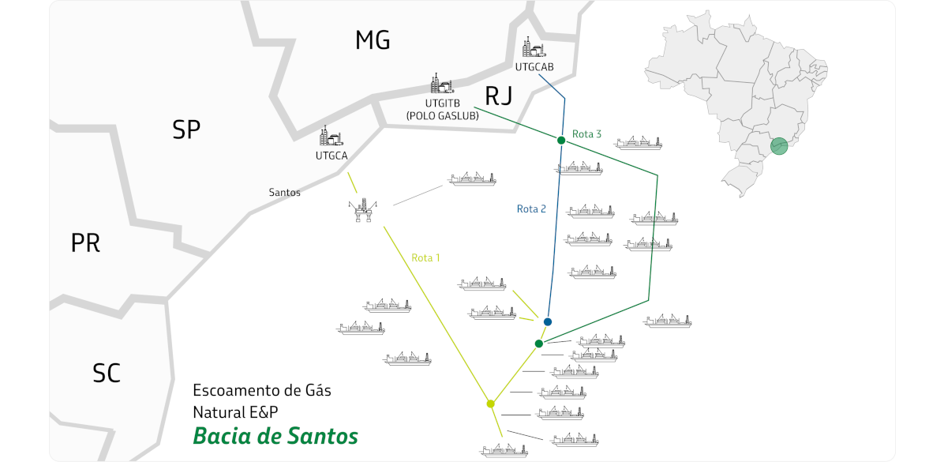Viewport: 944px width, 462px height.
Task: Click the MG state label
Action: tap(373, 41)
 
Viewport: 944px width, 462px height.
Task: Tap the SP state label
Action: tap(186, 130)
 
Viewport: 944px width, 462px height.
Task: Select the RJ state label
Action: tap(498, 97)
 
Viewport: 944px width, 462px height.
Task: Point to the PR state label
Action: tap(85, 243)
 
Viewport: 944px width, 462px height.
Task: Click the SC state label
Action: tap(107, 373)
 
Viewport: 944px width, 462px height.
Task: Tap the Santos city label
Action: tap(284, 192)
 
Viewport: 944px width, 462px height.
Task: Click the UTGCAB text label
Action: tap(534, 67)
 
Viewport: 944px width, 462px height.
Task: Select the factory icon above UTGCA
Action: tap(331, 136)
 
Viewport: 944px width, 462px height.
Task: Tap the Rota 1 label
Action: tap(425, 257)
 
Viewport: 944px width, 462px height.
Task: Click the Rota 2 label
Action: tap(531, 209)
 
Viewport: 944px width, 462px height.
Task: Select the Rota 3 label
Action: tap(587, 134)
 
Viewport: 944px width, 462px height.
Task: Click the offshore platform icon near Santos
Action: tap(363, 212)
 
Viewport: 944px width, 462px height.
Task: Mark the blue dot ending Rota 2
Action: tap(548, 322)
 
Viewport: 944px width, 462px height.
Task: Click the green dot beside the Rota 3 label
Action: tap(561, 141)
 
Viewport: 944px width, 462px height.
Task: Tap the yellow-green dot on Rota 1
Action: tap(491, 404)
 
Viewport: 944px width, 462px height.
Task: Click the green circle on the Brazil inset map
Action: tap(778, 145)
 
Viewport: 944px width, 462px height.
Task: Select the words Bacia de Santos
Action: tap(275, 436)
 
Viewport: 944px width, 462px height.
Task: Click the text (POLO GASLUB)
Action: tap(442, 115)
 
